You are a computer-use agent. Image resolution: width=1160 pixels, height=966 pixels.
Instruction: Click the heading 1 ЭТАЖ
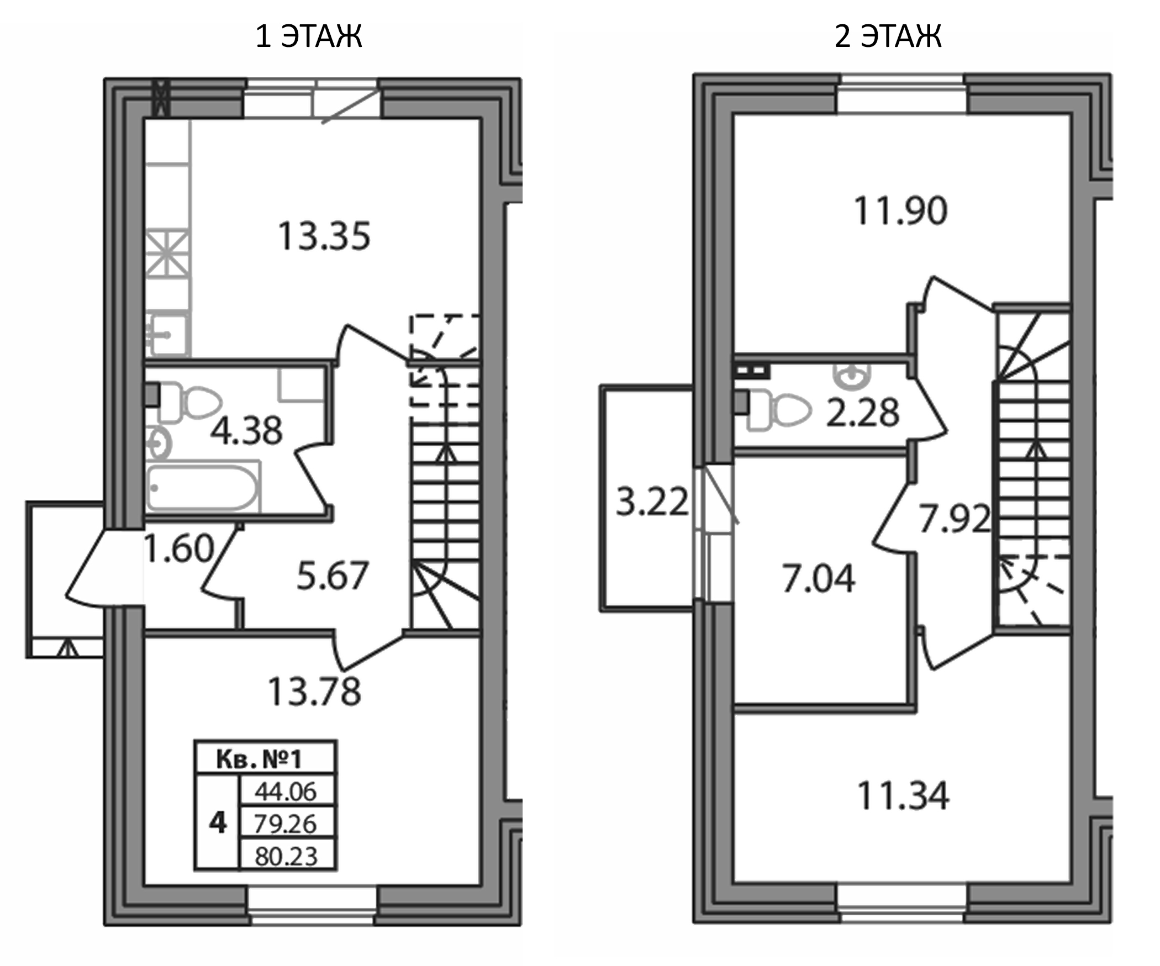point(309,36)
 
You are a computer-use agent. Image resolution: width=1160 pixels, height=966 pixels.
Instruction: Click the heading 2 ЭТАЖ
point(888,36)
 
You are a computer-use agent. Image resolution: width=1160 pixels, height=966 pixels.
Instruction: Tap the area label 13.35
point(324,236)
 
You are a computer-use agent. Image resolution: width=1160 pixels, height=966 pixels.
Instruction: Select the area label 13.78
point(314,691)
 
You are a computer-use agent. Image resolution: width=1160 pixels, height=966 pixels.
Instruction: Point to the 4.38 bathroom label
point(246,430)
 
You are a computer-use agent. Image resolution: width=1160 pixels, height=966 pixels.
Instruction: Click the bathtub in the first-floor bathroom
point(203,488)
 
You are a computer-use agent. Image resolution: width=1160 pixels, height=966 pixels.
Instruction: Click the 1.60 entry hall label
point(178,548)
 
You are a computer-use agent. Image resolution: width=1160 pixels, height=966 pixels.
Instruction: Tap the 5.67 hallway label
point(332,576)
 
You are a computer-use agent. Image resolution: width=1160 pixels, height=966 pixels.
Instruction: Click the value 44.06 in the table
point(286,792)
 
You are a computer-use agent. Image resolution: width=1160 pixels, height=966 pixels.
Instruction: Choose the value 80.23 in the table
point(286,857)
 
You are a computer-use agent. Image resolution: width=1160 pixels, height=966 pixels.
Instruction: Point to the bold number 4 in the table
point(218,824)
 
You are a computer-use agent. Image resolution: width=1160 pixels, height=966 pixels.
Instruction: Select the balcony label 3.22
point(652,502)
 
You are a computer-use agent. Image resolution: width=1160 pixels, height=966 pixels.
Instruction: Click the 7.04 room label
point(819,578)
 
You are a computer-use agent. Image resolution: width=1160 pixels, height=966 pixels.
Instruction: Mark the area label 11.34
point(903,796)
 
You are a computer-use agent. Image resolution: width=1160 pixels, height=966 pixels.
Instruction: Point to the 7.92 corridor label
point(955,519)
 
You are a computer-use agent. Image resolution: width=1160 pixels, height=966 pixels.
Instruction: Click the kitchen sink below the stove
point(168,334)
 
